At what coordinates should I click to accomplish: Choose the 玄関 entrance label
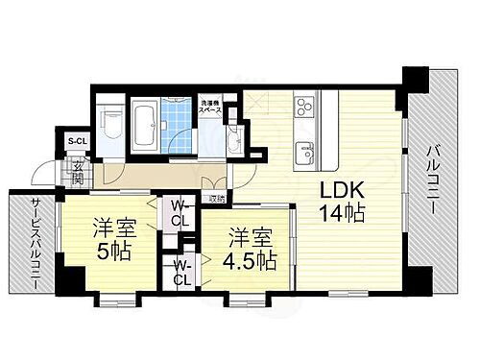(x=78, y=174)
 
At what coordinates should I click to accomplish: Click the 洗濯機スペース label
(x=211, y=106)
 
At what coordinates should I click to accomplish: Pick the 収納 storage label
(x=218, y=199)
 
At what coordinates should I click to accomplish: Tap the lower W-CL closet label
(x=180, y=274)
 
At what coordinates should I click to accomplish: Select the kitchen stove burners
(x=306, y=105)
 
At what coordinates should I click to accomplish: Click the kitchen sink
(x=306, y=150)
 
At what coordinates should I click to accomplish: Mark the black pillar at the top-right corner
(x=410, y=86)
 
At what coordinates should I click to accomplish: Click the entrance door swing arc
(x=44, y=175)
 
